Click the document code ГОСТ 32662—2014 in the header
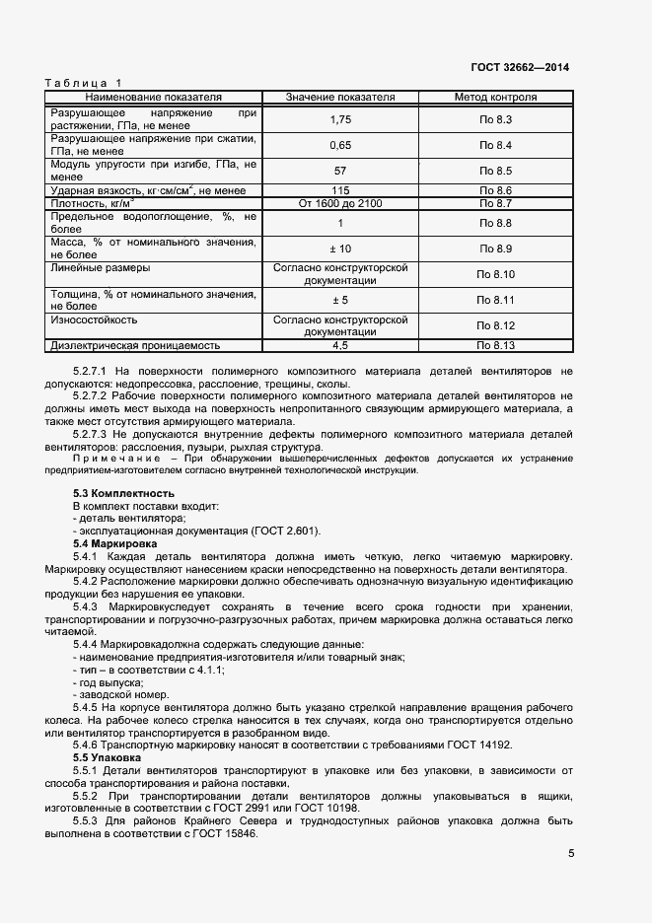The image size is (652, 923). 521,68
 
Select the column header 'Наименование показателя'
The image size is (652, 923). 153,98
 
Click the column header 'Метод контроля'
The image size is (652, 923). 495,98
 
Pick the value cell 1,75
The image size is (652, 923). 340,119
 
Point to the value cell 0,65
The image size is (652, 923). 340,145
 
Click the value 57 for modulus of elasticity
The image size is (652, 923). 340,171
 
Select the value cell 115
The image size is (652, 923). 340,190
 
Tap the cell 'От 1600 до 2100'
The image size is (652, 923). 340,203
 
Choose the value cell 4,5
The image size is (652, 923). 340,345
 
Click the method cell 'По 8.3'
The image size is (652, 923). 495,119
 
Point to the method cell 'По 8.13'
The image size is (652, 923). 497,345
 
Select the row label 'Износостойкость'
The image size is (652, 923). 94,319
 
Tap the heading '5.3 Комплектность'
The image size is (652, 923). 123,493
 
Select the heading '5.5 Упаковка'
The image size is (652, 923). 110,757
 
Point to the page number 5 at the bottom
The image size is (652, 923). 571,854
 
